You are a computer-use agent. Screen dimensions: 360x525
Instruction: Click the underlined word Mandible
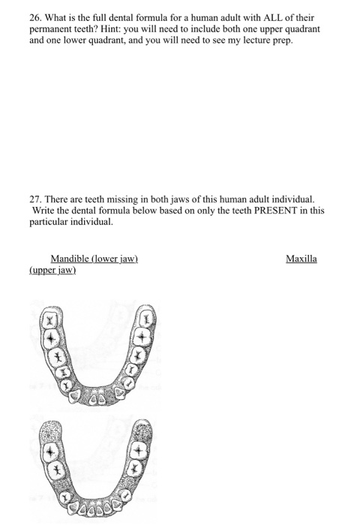point(71,259)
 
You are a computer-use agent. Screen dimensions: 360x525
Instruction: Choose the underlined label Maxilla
point(301,259)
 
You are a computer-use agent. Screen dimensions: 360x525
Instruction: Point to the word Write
point(44,211)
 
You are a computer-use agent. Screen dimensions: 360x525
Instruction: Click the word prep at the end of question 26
point(283,40)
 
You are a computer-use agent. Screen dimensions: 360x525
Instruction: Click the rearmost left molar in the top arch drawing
point(49,319)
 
